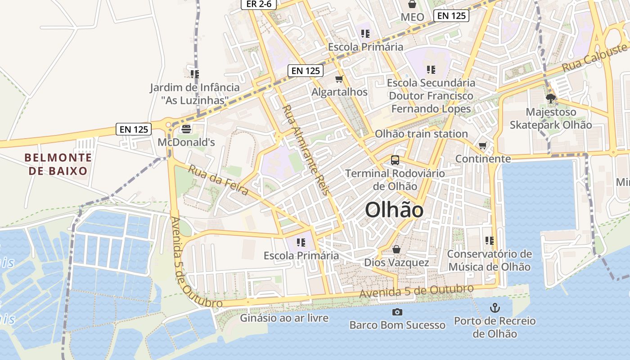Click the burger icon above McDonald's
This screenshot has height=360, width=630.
click(x=186, y=129)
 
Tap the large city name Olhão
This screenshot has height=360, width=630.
click(x=394, y=210)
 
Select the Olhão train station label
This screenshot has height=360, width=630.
click(x=421, y=134)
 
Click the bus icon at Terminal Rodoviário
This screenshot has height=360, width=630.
click(x=395, y=160)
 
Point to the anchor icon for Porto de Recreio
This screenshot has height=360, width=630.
click(x=495, y=308)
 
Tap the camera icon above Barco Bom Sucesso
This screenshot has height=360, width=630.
click(x=397, y=312)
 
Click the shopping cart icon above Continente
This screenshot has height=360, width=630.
click(x=483, y=146)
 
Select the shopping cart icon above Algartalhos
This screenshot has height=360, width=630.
click(x=339, y=79)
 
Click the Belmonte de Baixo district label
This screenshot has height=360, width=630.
click(x=58, y=164)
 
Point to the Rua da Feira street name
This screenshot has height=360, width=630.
click(x=218, y=180)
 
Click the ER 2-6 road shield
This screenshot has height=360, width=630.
click(x=258, y=4)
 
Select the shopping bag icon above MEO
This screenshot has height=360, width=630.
click(x=412, y=4)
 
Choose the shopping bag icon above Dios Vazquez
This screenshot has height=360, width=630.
click(x=396, y=249)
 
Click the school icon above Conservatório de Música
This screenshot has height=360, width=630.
click(x=490, y=241)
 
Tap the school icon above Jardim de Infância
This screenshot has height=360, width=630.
click(x=194, y=74)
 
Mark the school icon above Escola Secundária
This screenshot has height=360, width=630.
click(x=431, y=70)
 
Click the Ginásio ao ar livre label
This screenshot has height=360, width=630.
click(x=284, y=318)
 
